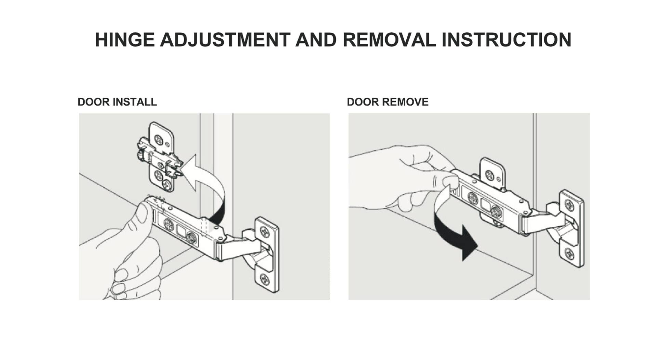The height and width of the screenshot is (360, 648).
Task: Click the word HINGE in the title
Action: [124, 40]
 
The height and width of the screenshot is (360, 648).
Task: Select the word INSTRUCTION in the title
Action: [506, 40]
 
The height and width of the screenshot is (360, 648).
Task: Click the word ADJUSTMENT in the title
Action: [225, 40]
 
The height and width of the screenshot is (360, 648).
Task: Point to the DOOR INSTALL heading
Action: [117, 102]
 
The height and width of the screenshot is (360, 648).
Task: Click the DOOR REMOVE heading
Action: [387, 102]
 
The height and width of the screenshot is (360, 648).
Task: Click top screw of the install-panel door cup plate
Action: [265, 232]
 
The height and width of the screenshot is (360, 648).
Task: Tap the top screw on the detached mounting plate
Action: [159, 139]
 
